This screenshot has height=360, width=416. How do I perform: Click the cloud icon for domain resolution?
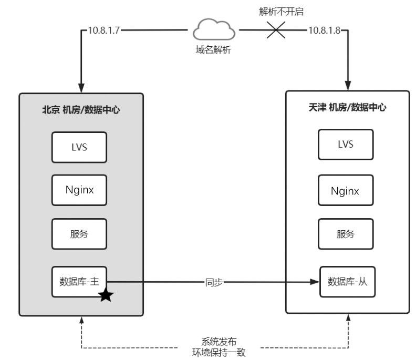coord(214,29)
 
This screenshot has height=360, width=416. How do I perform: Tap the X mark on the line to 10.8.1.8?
coord(276,30)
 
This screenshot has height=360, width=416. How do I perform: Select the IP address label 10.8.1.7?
coord(103,30)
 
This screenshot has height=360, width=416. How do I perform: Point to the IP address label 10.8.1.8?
coord(324,30)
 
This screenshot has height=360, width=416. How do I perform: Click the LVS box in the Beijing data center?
coord(79,147)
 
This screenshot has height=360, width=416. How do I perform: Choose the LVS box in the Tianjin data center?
coord(346,145)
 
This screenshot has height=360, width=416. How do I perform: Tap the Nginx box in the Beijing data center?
coord(79,190)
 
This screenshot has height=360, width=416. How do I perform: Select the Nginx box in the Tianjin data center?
coord(346,190)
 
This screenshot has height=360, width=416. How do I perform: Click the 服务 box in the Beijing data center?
coord(79,234)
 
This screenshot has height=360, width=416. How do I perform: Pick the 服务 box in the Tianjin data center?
coord(346,234)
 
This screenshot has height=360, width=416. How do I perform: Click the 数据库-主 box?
coord(79,282)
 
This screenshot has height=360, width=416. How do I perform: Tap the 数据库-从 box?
coord(348,282)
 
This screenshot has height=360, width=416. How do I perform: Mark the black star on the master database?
coord(106,295)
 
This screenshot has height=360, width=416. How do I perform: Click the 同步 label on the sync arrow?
coord(214,282)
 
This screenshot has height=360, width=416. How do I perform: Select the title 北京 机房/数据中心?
coord(81,110)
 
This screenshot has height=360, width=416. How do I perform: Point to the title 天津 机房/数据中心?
coord(347,107)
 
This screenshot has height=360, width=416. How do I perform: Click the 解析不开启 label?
coord(281,12)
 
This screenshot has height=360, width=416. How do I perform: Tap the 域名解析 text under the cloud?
coord(213,49)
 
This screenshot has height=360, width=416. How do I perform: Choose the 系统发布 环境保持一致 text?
coord(219,347)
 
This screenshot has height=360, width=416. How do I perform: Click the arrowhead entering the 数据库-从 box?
coord(315,282)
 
